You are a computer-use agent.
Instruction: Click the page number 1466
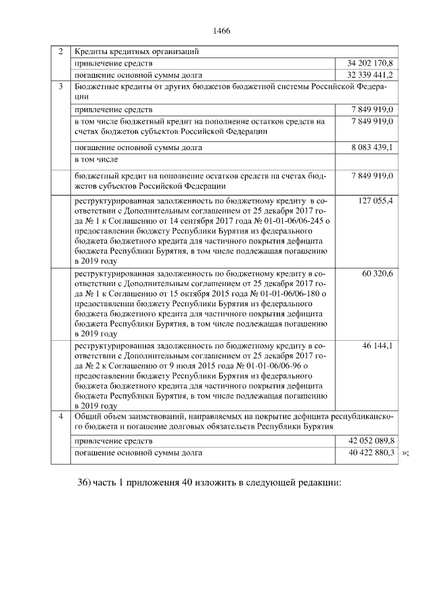coord(222,31)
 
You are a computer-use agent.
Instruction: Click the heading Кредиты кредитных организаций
coord(136,51)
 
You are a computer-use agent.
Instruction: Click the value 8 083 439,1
coord(370,147)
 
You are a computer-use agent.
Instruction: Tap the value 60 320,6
coord(379,273)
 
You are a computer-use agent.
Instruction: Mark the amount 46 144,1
coord(379,346)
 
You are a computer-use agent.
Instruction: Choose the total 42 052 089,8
coord(370,441)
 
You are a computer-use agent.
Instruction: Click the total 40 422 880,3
coord(370,452)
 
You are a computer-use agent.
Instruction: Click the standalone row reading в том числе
coord(96,160)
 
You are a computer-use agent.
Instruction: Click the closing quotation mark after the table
coord(405,453)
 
